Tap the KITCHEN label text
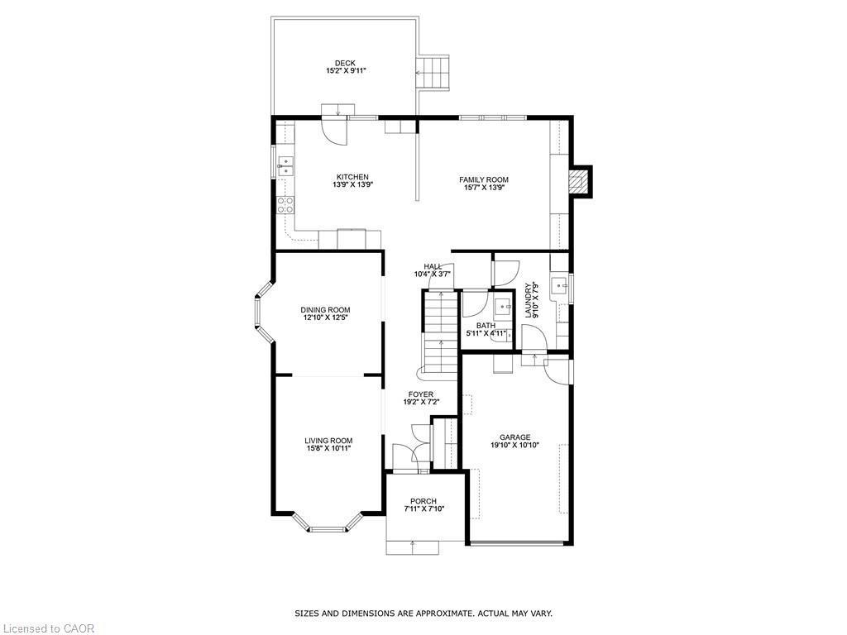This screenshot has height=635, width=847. tap(352, 177)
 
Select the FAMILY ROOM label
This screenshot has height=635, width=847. tap(484, 179)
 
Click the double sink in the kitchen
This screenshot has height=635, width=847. tap(285, 167)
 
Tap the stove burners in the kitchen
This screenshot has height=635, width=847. tap(285, 204)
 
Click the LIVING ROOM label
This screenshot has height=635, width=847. tap(328, 441)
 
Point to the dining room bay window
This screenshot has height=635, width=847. tap(261, 311)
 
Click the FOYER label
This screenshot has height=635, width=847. tap(420, 394)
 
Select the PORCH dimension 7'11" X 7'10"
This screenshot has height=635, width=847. tap(423, 509)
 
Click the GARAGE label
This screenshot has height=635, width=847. tap(514, 437)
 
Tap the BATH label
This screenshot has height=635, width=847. tap(486, 326)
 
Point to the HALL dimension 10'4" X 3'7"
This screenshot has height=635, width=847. tap(433, 274)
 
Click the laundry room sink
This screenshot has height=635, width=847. tap(561, 286)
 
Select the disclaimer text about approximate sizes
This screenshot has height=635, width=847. tap(423, 614)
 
